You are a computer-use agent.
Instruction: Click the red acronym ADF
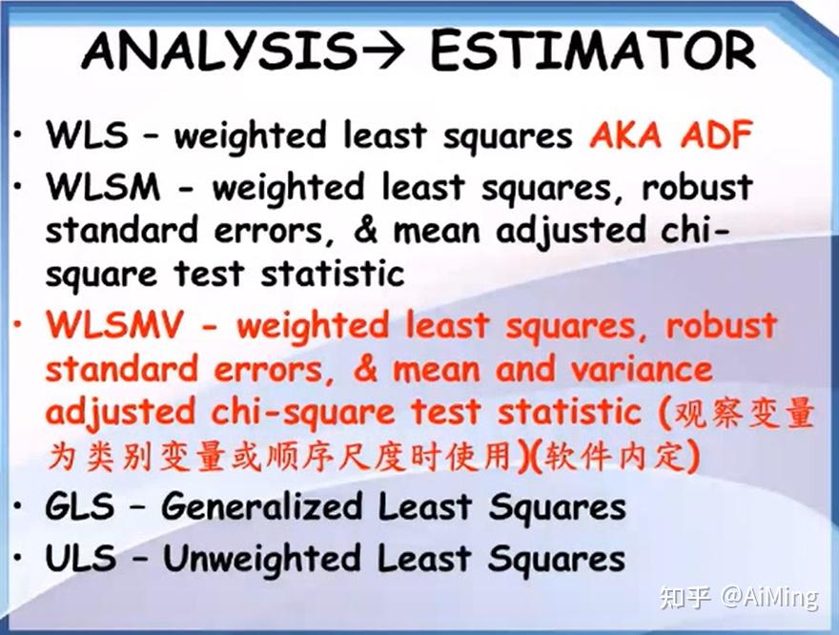coord(716,135)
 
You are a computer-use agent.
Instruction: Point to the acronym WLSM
coord(103,188)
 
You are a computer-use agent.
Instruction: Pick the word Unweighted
coord(272,558)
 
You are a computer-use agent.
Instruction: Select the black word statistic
coord(333,275)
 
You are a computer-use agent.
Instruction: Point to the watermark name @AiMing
coord(768,598)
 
